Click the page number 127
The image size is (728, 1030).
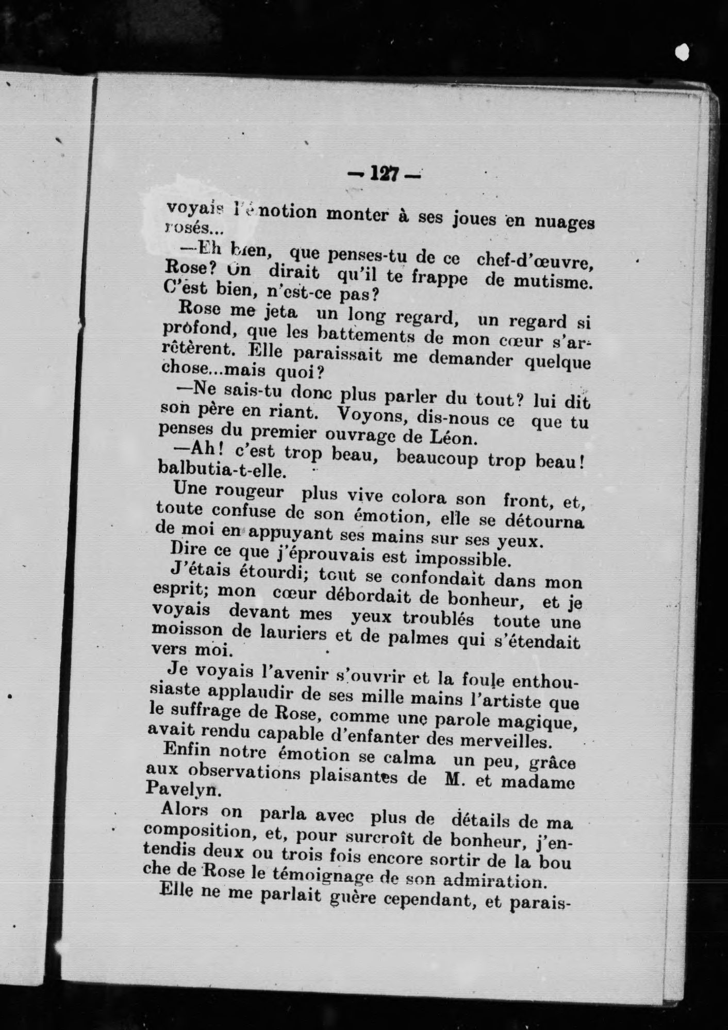pos(384,175)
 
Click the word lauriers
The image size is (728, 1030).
pos(286,633)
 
